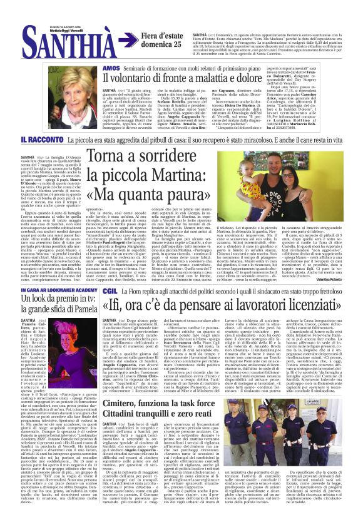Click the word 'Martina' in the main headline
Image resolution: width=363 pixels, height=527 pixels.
pyautogui.click(x=192, y=173)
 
